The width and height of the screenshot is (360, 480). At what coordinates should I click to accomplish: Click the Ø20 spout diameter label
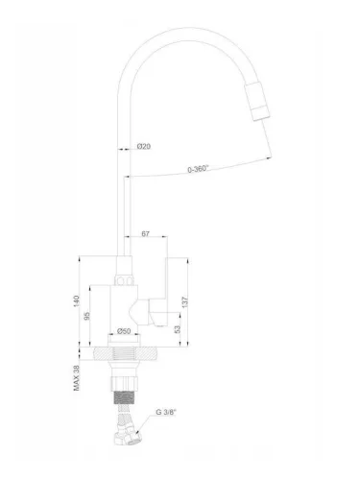point(142,146)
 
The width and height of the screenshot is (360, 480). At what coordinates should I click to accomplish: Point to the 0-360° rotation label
point(201,170)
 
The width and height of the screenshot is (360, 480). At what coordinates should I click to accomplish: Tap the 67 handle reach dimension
point(147,232)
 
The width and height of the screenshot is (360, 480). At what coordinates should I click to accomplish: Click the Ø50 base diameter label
point(124,331)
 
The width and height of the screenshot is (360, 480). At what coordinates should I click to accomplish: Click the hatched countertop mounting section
point(125,356)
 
